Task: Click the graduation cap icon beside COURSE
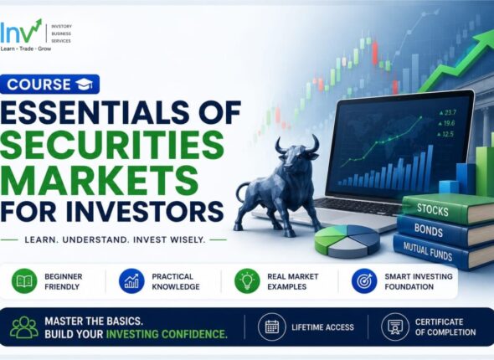click(84, 85)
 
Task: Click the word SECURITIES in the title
click(112, 145)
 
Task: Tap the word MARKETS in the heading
click(100, 178)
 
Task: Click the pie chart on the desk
click(347, 241)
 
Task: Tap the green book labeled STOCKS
click(447, 209)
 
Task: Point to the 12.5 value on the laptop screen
click(445, 134)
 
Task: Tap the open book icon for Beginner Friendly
click(24, 281)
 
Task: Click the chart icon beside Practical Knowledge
click(131, 281)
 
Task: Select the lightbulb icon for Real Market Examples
click(247, 281)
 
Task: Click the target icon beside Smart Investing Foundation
click(364, 281)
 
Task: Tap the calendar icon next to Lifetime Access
click(272, 327)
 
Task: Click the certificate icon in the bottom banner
click(395, 327)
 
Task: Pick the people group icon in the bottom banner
click(24, 327)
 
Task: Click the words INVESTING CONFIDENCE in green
click(167, 334)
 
